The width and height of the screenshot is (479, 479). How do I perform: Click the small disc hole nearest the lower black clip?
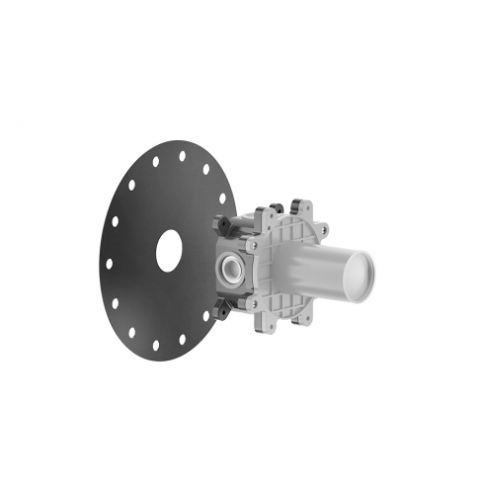click(x=206, y=315)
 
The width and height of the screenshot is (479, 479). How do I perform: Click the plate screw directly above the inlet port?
click(x=252, y=238)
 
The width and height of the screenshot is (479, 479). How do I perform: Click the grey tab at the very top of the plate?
click(x=296, y=209)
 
